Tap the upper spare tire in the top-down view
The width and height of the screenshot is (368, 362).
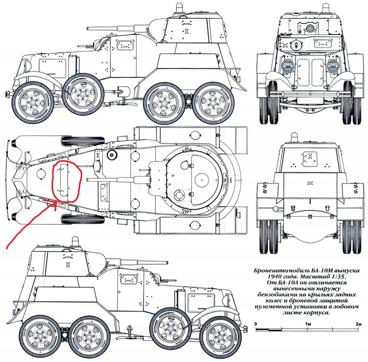click(83, 140)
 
